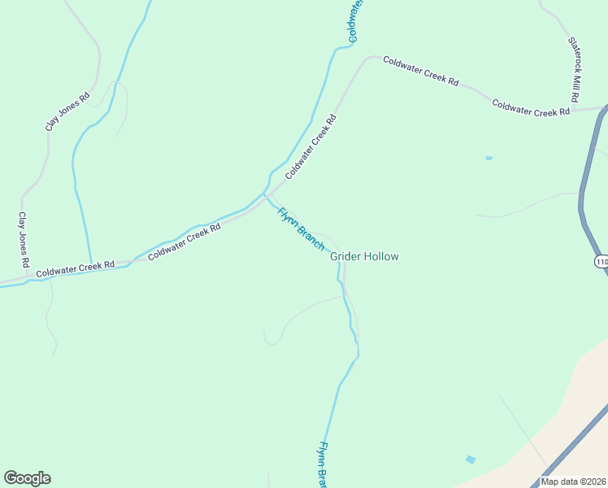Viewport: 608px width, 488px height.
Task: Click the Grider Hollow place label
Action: tap(364, 256)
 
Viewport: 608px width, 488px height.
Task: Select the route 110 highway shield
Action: tap(601, 261)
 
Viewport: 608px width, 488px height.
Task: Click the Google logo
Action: tap(27, 478)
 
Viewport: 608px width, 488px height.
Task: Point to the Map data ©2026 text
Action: tap(574, 481)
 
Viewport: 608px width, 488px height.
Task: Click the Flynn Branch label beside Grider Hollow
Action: tap(301, 229)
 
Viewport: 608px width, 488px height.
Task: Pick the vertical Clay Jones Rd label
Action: tap(24, 241)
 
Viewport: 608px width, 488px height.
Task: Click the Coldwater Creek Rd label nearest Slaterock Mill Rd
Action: tap(530, 108)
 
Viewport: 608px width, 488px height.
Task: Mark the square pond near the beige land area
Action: tap(471, 460)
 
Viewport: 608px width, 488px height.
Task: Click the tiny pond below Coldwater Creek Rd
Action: tap(489, 158)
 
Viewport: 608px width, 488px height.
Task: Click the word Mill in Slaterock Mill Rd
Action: tap(574, 78)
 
